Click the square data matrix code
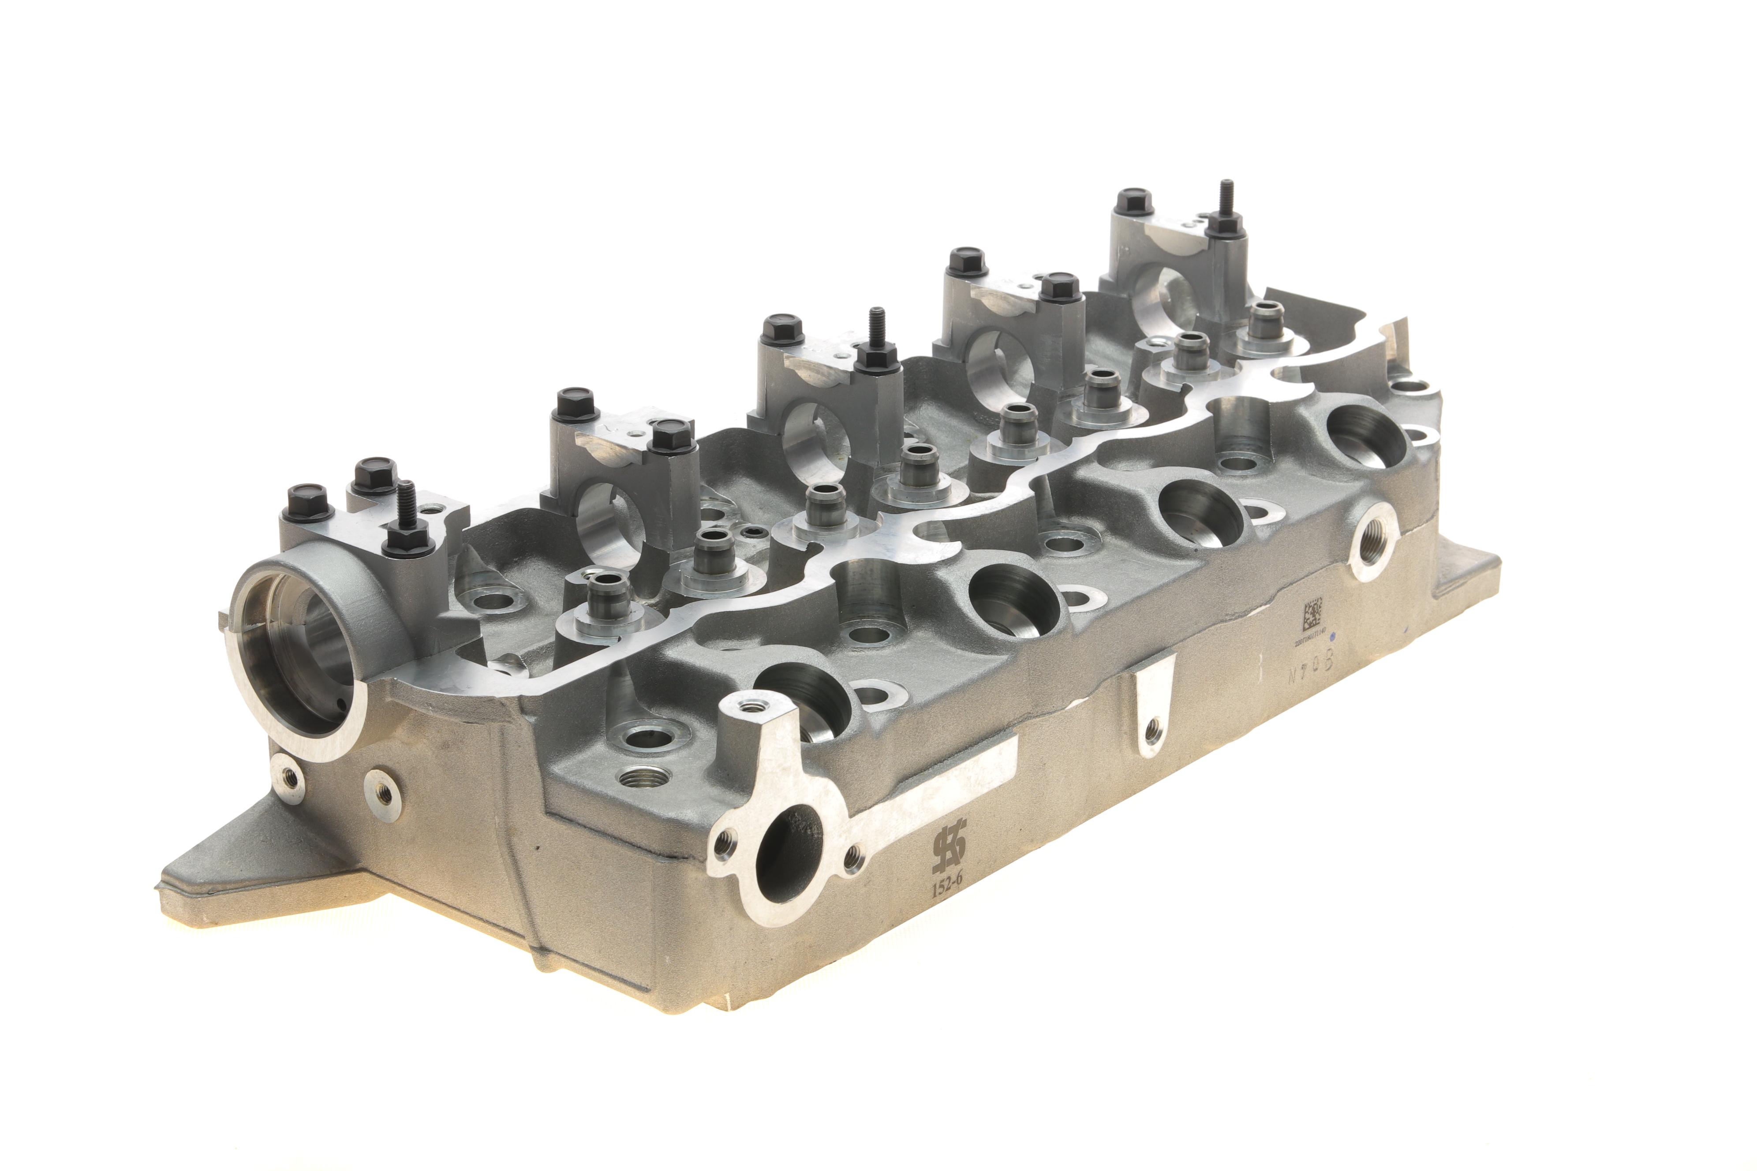tap(1312, 614)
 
